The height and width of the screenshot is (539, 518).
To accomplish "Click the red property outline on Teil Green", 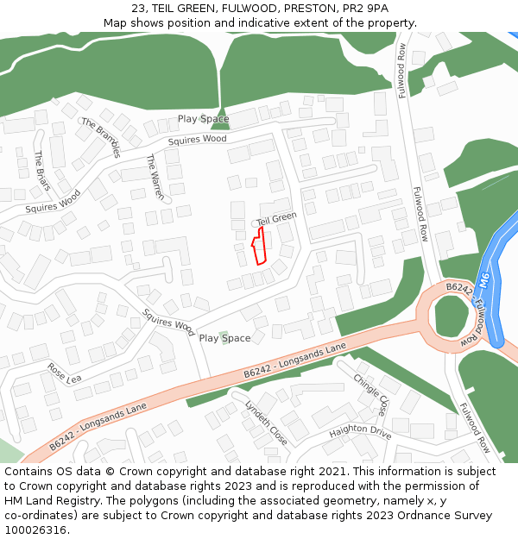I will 259,247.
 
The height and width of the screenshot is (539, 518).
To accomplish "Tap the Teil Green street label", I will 276,219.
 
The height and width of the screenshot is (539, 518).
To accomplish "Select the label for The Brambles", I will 101,137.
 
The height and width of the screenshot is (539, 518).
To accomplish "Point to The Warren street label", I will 155,177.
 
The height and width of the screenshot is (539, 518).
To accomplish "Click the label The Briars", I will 41,171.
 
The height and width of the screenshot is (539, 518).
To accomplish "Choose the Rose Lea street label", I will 64,373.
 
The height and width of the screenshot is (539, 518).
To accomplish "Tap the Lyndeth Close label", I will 266,422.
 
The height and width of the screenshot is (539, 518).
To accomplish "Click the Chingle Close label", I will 370,394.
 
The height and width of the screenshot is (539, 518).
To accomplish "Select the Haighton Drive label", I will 360,429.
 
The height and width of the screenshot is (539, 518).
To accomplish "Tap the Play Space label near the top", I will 203,119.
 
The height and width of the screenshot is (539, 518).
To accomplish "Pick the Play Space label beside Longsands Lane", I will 224,338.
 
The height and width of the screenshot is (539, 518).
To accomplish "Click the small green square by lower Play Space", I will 224,334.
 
